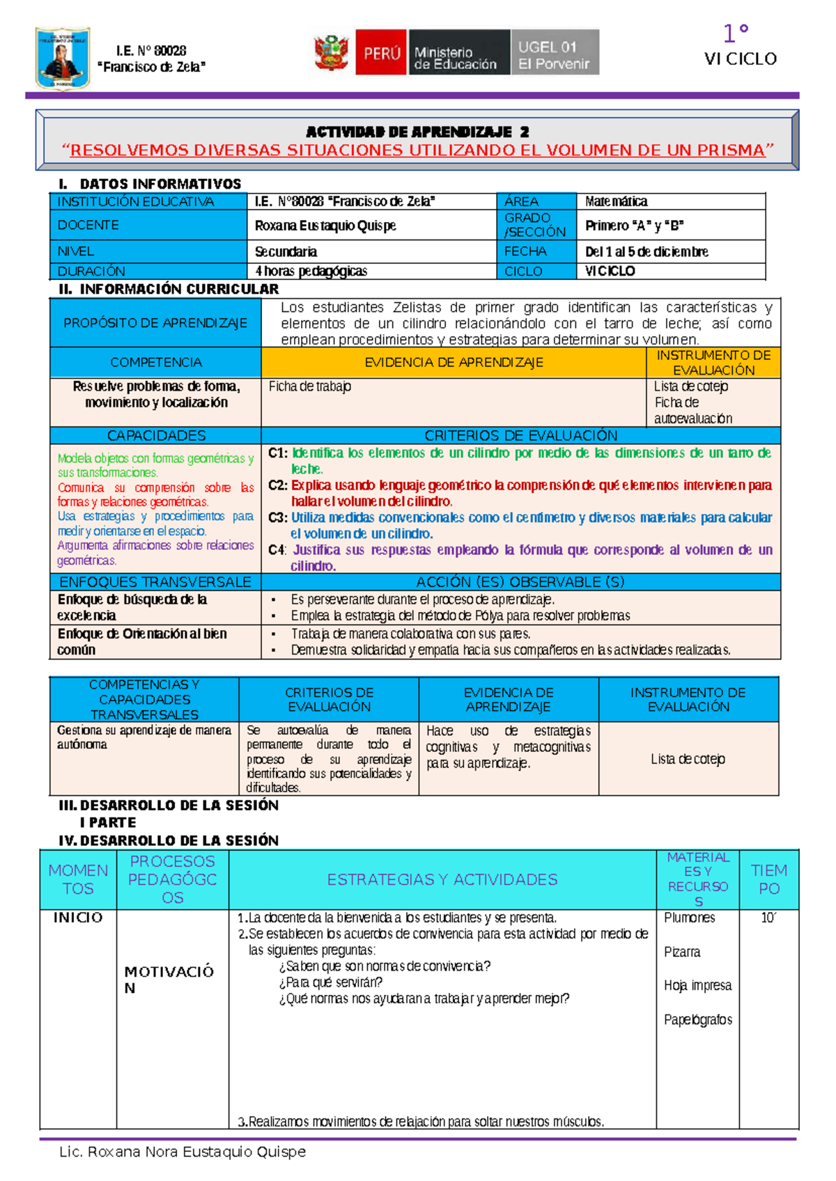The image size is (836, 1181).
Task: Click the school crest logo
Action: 63,58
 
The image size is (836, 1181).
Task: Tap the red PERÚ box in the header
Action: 380,52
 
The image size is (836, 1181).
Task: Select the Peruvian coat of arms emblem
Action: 332,53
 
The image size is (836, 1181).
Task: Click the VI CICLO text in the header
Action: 740,59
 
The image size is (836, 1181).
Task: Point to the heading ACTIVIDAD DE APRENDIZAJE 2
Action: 417,132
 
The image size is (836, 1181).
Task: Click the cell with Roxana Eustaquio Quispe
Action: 325,226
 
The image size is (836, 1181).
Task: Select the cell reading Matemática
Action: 617,201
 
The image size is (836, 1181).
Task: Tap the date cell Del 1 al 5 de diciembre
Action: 647,251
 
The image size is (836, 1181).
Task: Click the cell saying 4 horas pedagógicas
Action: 311,271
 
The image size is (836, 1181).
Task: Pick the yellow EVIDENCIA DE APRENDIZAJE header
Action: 454,362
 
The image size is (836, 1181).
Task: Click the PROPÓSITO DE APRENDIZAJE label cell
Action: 155,322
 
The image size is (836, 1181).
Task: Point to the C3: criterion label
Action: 278,517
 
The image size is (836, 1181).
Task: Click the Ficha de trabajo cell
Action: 310,386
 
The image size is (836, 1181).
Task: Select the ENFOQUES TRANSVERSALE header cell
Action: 155,582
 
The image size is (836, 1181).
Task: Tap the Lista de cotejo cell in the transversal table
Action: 688,759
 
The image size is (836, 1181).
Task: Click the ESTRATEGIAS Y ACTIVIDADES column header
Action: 442,879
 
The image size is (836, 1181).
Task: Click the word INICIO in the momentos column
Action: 78,918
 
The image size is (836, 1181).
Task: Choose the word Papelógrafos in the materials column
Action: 698,1019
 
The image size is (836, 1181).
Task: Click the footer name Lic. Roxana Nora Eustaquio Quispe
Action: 183,1152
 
